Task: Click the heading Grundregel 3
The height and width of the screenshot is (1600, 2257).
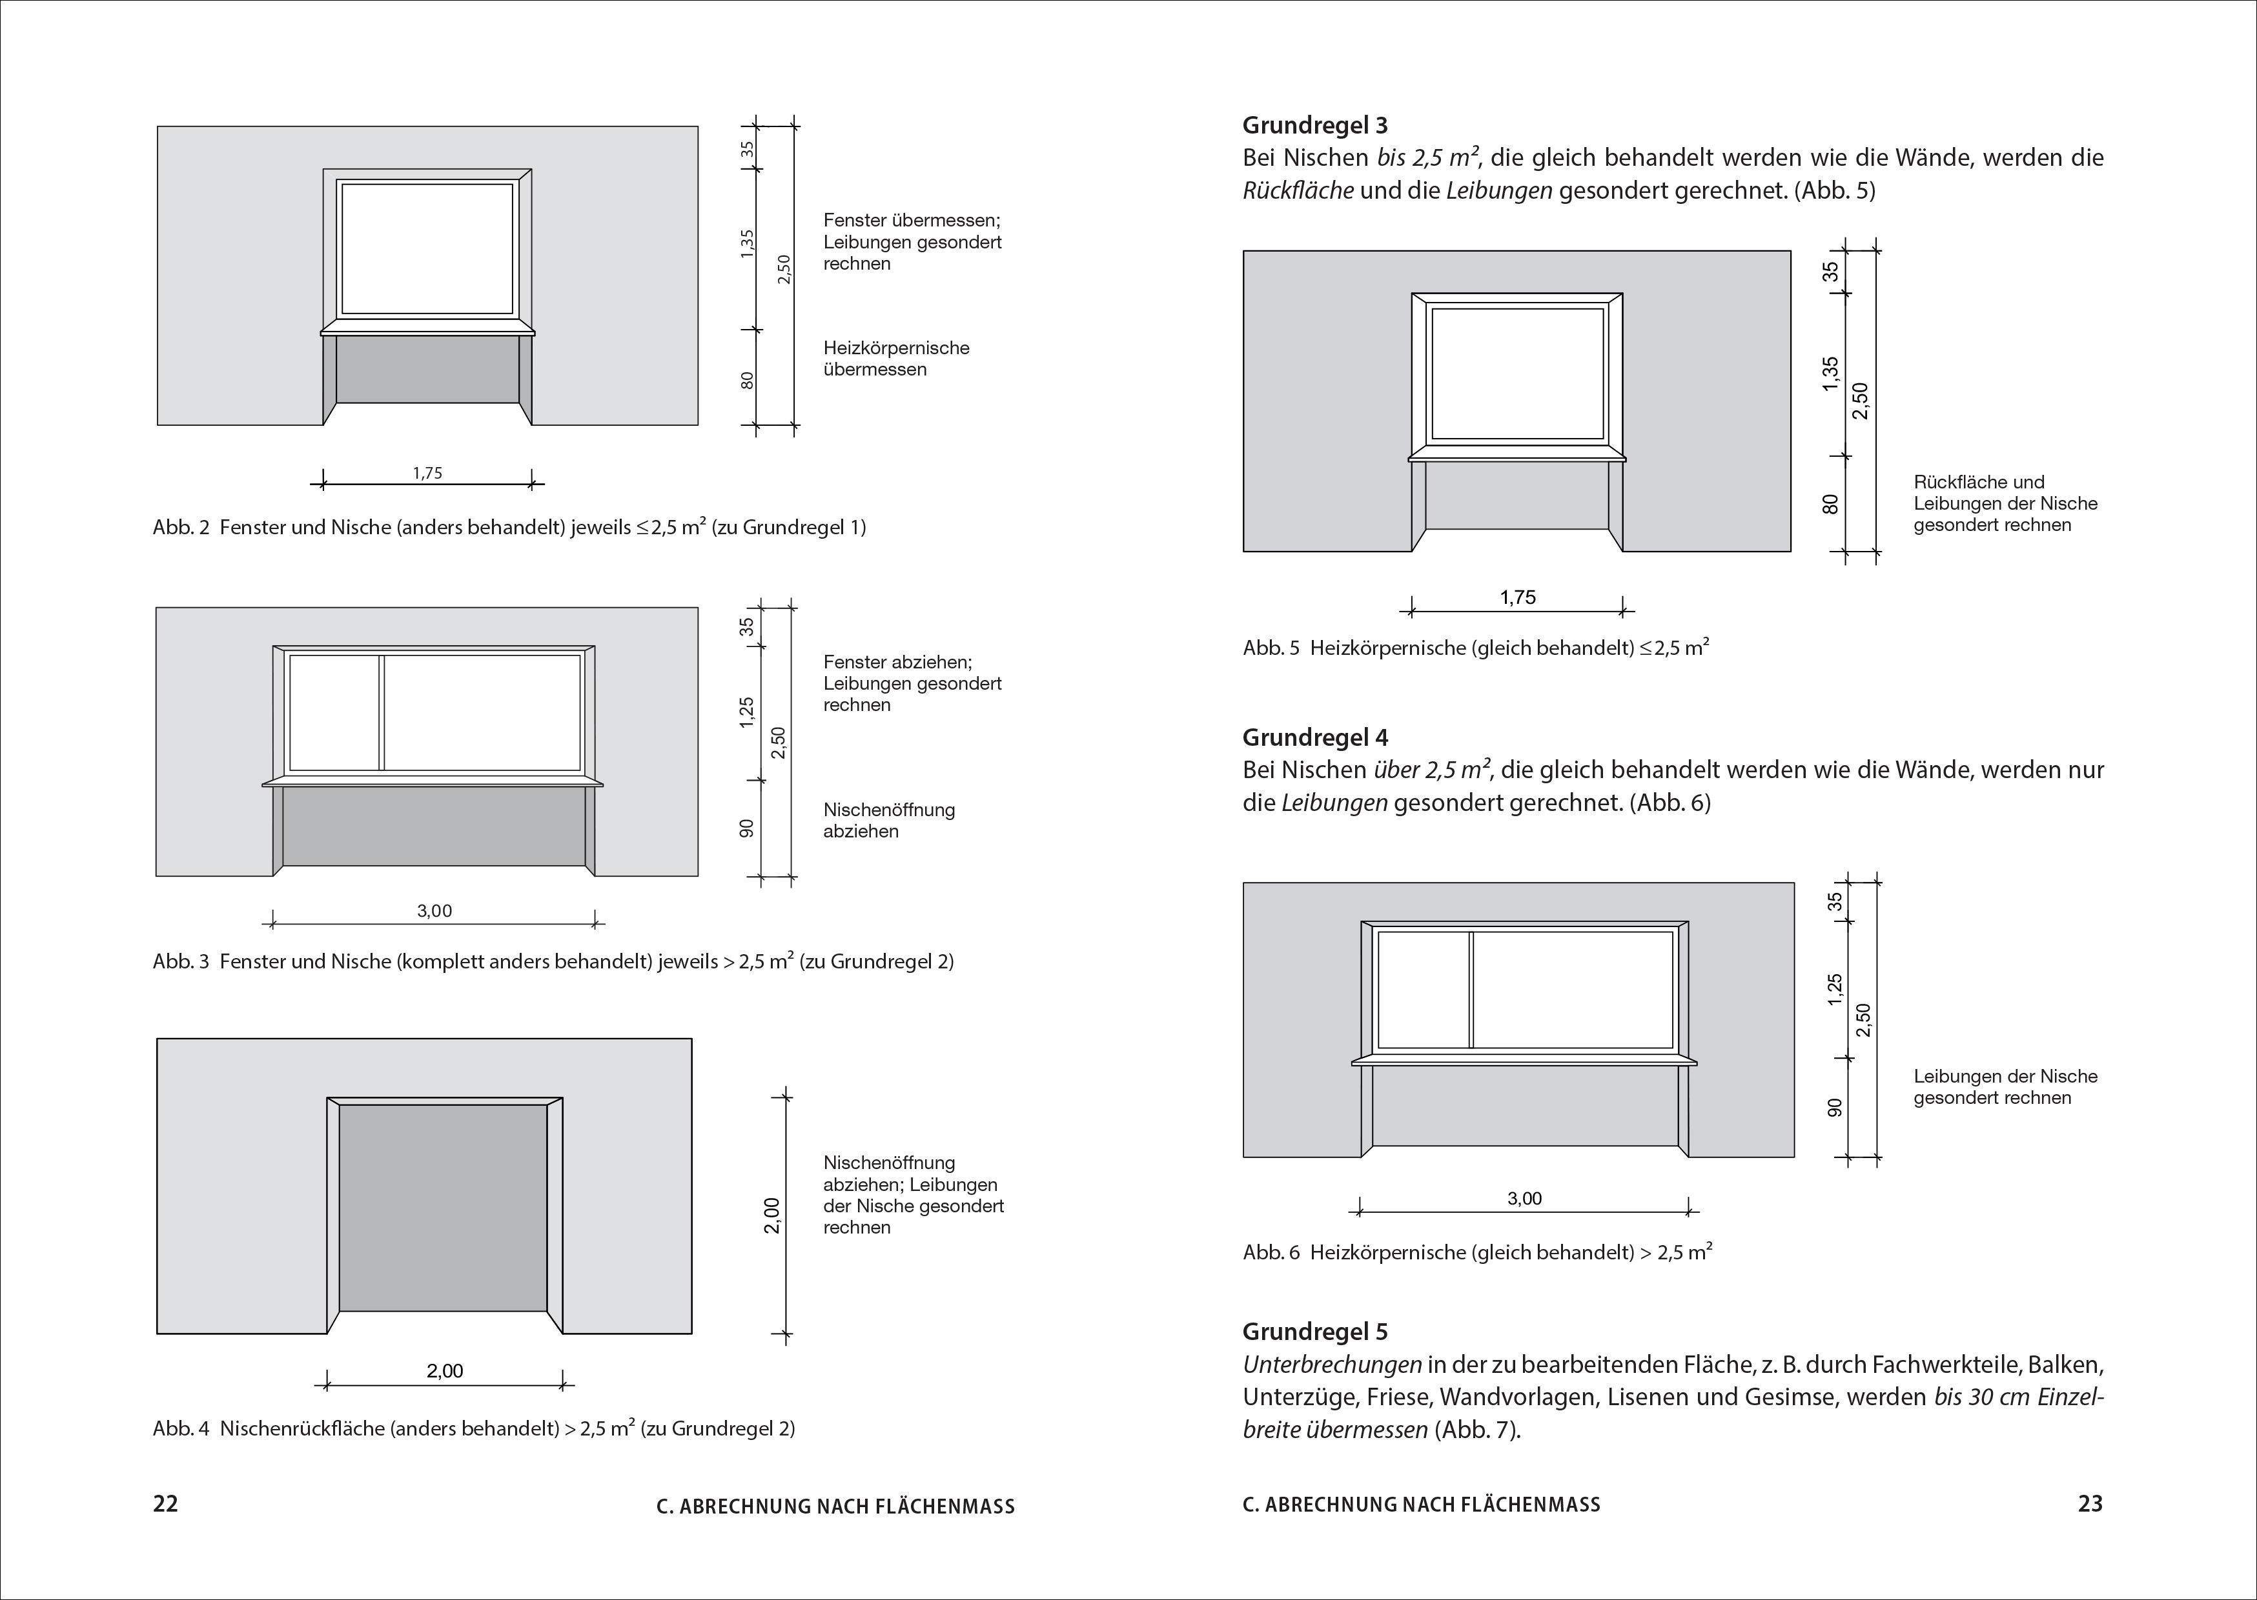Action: pyautogui.click(x=1315, y=125)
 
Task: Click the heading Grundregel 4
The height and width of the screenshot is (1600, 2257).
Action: pyautogui.click(x=1315, y=737)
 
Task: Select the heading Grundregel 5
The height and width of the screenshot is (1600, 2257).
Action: pyautogui.click(x=1315, y=1332)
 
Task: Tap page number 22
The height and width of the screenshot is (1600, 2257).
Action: pyautogui.click(x=165, y=1503)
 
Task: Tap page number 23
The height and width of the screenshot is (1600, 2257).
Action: pyautogui.click(x=2090, y=1503)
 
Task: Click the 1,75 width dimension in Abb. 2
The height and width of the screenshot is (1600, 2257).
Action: pyautogui.click(x=428, y=473)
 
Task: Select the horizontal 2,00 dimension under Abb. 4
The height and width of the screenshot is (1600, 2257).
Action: pyautogui.click(x=445, y=1370)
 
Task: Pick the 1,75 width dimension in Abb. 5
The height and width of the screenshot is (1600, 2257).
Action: pyautogui.click(x=1518, y=597)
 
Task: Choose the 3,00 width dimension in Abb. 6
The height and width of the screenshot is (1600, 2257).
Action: pyautogui.click(x=1525, y=1199)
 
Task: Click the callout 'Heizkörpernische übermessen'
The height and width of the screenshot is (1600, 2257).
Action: pyautogui.click(x=897, y=359)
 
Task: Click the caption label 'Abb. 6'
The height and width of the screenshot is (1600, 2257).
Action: pyautogui.click(x=1271, y=1253)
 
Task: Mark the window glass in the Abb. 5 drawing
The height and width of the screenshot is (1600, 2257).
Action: pyautogui.click(x=1518, y=374)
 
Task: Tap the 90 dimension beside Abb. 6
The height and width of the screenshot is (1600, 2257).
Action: pyautogui.click(x=1835, y=1107)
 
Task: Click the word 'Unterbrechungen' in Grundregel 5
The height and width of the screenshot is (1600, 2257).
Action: pyautogui.click(x=1333, y=1365)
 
